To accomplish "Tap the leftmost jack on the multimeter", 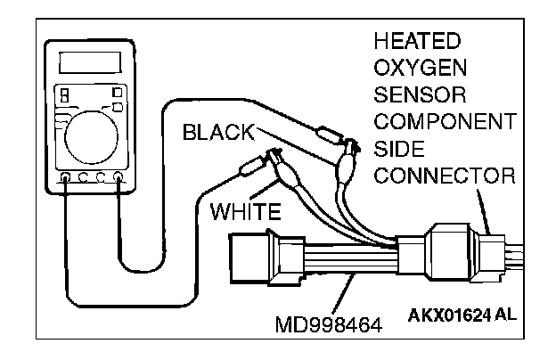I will click(65, 178).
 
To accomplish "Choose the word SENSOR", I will click(413, 94).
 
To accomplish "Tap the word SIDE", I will click(395, 147).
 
